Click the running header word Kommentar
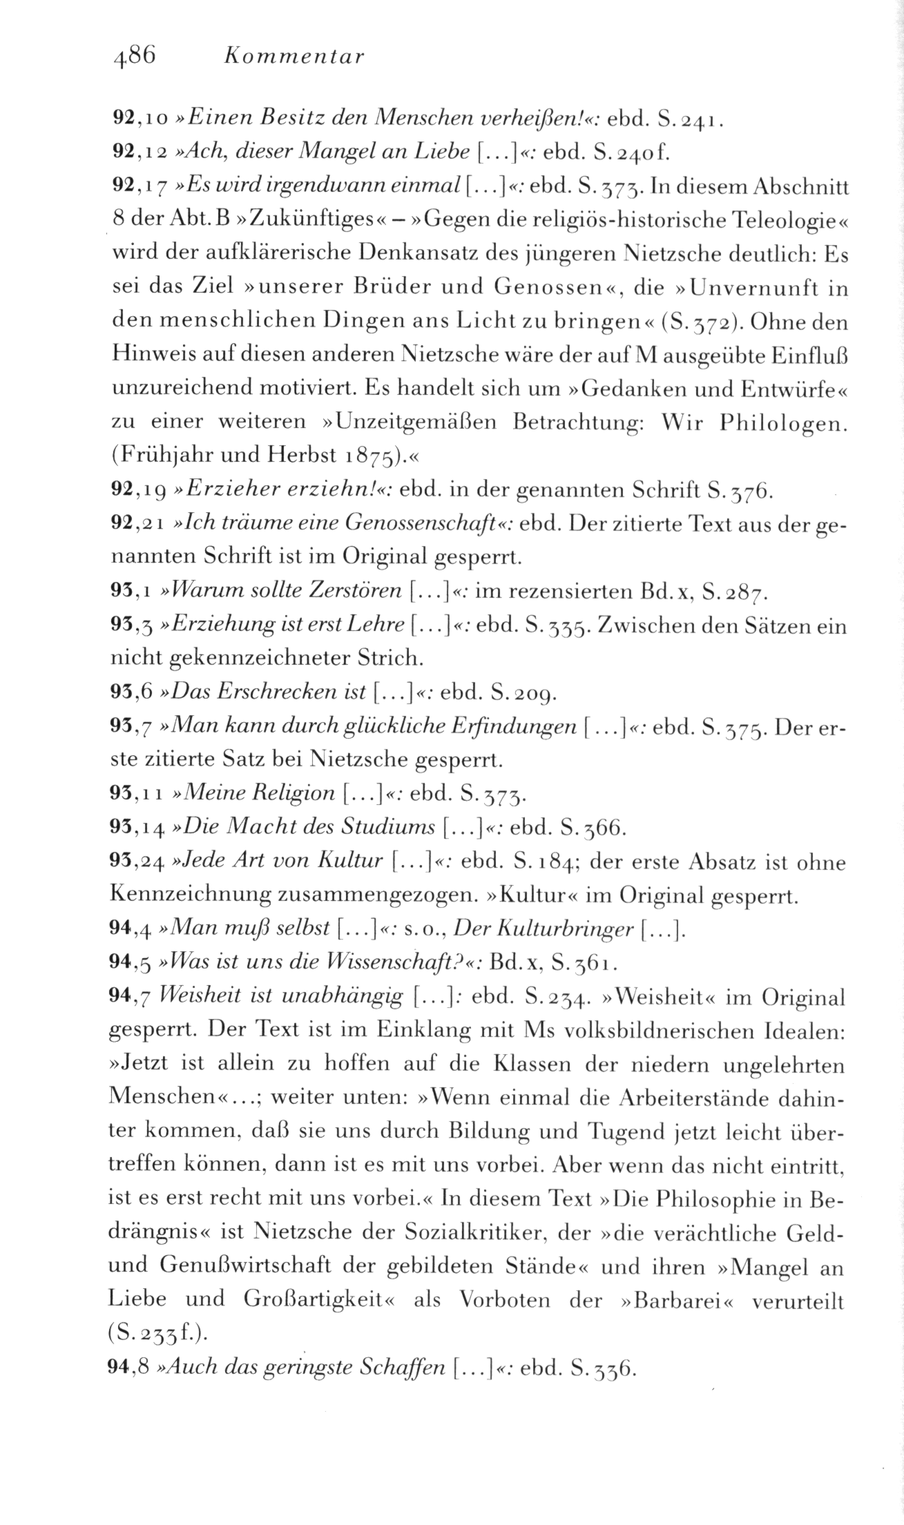tap(294, 57)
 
